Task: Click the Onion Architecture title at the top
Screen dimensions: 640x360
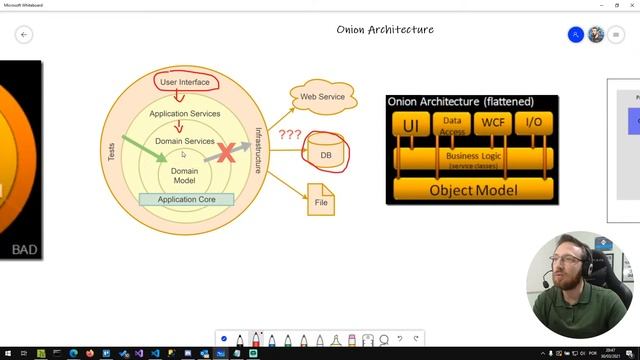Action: [385, 30]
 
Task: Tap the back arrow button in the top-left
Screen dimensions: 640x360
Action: [24, 34]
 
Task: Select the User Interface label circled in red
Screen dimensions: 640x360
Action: [185, 82]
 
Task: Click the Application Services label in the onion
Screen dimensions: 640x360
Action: [185, 114]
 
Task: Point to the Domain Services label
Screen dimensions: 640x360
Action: [185, 142]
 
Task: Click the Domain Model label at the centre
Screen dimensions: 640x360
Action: [184, 176]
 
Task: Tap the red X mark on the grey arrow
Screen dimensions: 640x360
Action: [228, 152]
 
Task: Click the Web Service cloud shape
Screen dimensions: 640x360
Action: [323, 96]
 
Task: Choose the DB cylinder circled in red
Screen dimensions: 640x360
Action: [325, 155]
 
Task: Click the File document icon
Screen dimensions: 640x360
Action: [321, 200]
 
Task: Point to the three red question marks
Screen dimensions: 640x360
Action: [290, 134]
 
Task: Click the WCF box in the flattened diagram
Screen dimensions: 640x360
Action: [493, 124]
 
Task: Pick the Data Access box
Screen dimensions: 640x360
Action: [452, 124]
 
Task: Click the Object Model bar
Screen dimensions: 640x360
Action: [472, 189]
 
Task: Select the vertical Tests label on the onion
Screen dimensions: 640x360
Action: [111, 152]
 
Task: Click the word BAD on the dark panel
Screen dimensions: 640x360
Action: [24, 249]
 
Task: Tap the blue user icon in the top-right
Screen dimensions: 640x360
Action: [575, 34]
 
